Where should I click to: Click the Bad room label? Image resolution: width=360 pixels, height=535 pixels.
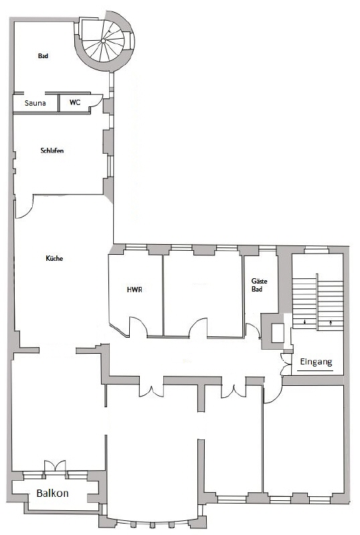(43, 56)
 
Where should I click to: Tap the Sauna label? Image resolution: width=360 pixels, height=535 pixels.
(35, 104)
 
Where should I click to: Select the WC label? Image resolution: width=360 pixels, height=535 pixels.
(74, 104)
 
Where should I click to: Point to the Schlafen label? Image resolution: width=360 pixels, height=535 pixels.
(52, 151)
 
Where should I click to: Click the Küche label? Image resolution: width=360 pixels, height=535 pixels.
(54, 258)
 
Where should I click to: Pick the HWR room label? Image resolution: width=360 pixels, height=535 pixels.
(135, 290)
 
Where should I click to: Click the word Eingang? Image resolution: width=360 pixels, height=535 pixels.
(316, 362)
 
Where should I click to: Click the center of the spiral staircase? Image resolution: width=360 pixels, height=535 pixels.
(104, 41)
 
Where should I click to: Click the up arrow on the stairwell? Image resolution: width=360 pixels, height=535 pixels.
(333, 323)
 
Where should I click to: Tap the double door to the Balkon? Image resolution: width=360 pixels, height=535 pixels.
(55, 465)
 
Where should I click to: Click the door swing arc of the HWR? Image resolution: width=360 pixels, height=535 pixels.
(139, 327)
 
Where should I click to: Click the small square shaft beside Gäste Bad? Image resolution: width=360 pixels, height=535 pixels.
(277, 332)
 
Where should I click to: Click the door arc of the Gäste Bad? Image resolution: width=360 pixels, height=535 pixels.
(252, 330)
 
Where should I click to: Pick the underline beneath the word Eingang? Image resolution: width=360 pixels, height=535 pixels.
(315, 370)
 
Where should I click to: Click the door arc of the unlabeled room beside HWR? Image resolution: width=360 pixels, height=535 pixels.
(198, 327)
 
